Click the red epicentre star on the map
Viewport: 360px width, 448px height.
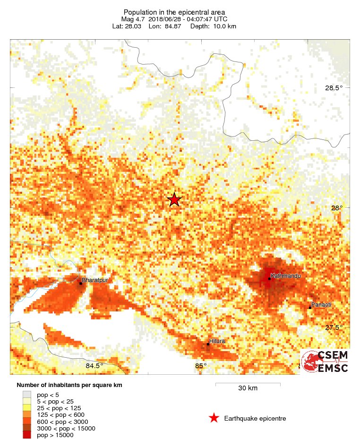174,200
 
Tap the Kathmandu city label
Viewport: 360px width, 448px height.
285,276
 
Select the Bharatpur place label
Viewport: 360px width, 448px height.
95,280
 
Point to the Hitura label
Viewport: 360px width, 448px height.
217,341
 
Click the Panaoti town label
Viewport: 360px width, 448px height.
321,305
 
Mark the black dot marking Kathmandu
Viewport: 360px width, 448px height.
269,279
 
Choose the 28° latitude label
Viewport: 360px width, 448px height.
336,208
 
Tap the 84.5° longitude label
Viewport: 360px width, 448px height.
94,366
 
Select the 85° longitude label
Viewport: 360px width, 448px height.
201,366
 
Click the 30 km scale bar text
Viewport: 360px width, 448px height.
248,388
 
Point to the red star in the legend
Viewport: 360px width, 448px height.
214,418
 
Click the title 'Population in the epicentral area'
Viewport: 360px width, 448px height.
174,12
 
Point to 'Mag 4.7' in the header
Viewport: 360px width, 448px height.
132,19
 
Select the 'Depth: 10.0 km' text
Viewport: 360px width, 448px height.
213,26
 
